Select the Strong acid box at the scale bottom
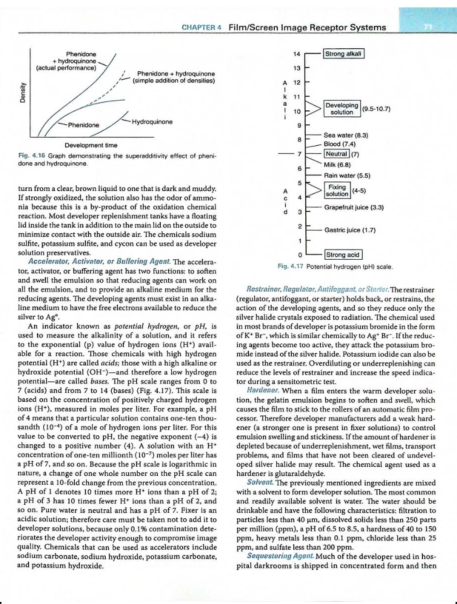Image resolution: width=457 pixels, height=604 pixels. [343, 254]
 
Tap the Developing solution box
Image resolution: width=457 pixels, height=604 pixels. [342, 108]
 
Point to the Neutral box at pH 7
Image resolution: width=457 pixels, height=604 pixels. [336, 154]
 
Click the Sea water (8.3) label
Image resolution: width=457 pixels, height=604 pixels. [345, 135]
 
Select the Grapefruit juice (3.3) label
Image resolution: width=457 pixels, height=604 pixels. [353, 207]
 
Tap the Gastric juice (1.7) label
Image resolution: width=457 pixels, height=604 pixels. [350, 230]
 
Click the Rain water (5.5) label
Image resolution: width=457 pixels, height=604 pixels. [347, 175]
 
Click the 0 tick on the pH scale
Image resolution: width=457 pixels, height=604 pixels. [299, 254]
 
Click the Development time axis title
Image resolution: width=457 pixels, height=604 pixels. [91, 145]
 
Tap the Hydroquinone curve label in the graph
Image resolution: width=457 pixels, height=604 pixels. [152, 122]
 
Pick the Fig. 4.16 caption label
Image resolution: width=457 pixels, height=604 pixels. [32, 156]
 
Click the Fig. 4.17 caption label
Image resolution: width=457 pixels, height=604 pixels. [291, 267]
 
